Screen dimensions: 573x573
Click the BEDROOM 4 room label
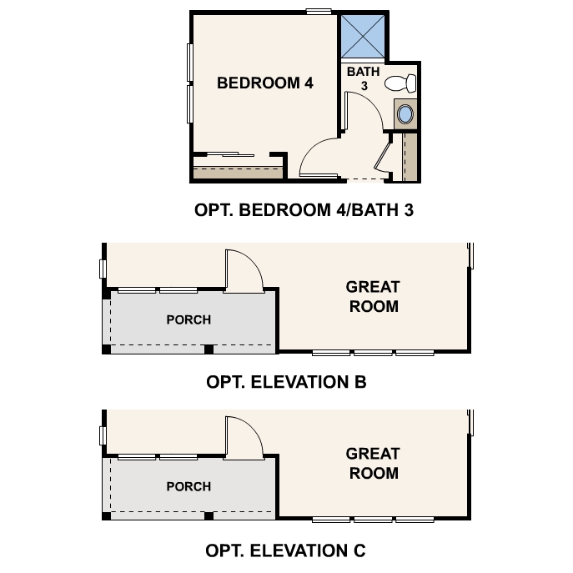(264, 83)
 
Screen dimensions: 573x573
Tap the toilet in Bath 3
(403, 83)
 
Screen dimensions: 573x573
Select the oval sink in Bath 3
(406, 113)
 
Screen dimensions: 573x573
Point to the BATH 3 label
(363, 78)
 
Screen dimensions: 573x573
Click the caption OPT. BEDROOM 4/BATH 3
(304, 210)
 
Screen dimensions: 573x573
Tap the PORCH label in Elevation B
(188, 319)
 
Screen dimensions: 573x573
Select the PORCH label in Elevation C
(188, 486)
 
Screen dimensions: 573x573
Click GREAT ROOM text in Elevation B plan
(373, 297)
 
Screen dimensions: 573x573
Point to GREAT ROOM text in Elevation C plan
(373, 464)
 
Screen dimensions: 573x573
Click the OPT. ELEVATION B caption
(286, 383)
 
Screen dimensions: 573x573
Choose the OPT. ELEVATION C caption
(285, 550)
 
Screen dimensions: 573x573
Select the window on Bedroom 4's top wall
(317, 11)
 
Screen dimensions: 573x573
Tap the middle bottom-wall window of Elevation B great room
(373, 353)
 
